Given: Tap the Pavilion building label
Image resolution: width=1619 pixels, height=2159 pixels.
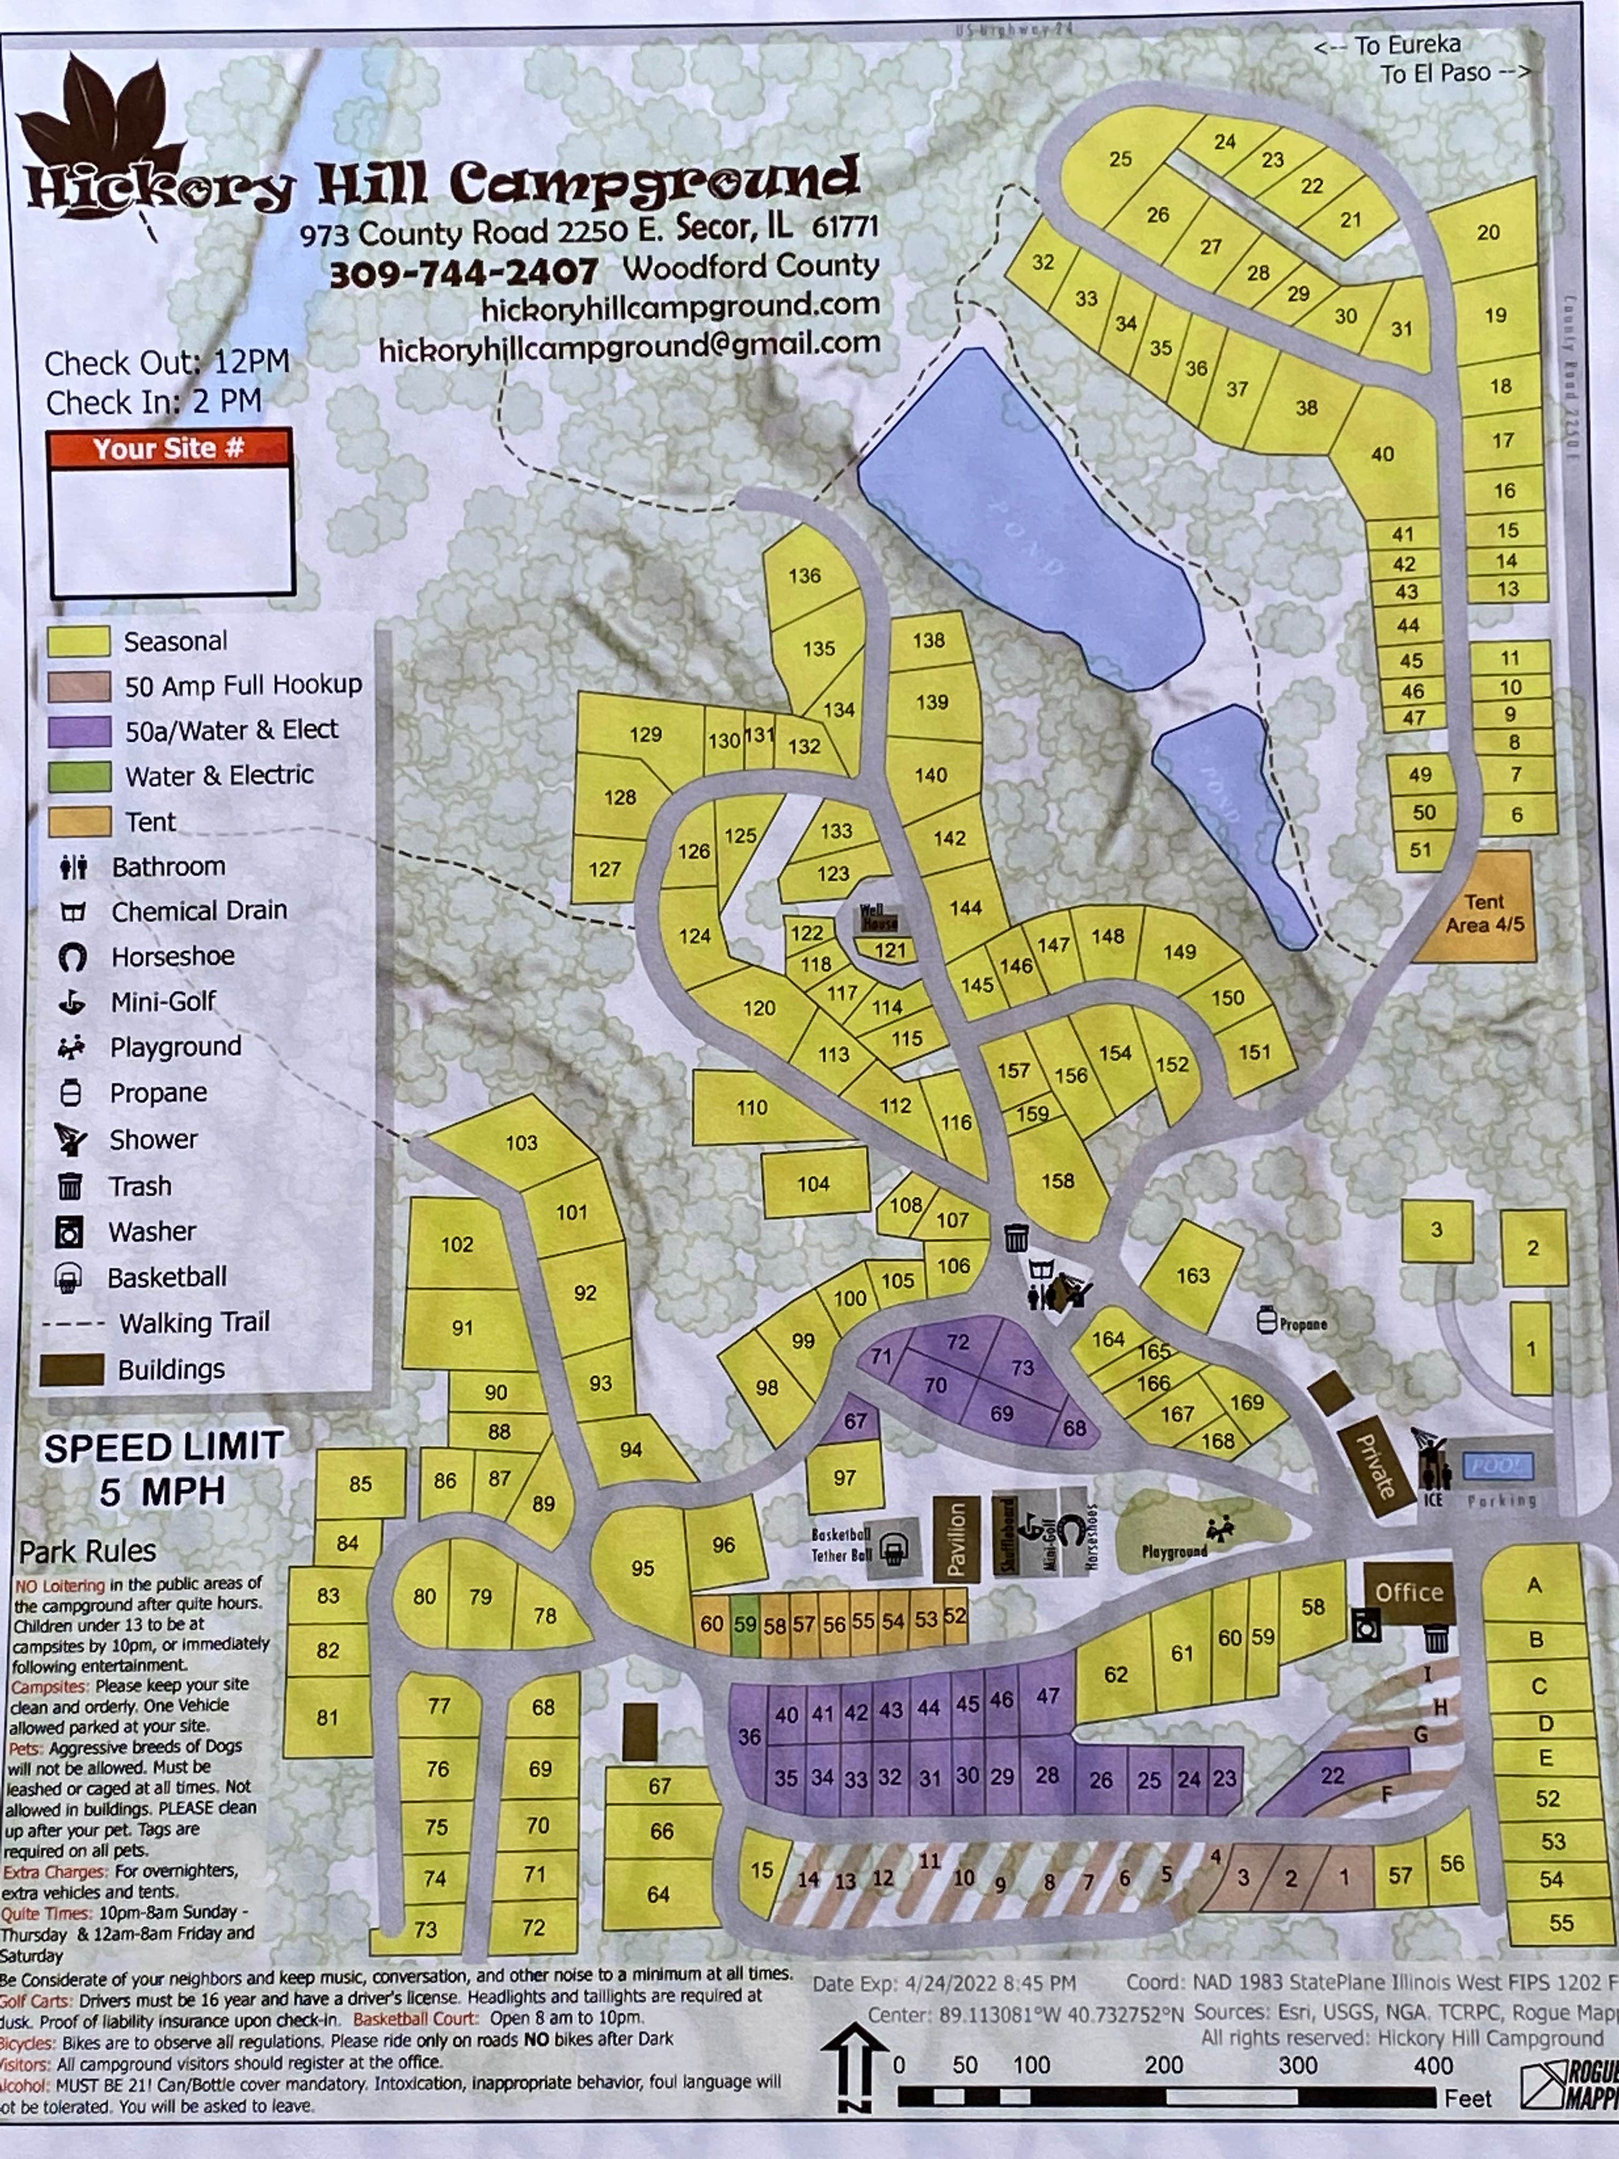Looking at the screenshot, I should [956, 1539].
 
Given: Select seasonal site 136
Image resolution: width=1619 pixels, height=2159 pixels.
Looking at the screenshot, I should [805, 576].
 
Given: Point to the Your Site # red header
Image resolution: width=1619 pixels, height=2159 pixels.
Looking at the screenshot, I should [169, 448].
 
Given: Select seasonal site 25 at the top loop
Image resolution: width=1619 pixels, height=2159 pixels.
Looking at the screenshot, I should [1121, 159].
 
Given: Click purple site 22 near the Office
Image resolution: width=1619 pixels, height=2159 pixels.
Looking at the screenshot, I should [1332, 1776].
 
